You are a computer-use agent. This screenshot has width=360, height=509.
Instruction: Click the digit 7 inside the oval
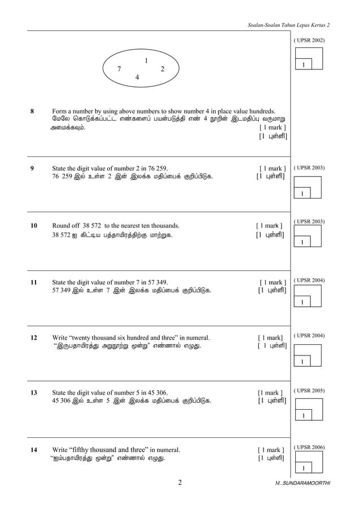point(119,69)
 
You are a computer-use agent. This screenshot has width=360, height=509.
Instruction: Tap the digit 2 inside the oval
point(163,69)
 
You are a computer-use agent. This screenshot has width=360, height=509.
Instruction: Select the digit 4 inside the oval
point(138,77)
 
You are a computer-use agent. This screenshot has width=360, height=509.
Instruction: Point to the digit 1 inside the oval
point(146,60)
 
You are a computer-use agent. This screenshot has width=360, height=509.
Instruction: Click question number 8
point(33,111)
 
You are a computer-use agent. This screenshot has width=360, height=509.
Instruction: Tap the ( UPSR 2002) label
point(309,41)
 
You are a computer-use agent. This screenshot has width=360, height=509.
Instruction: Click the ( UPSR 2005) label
point(309,390)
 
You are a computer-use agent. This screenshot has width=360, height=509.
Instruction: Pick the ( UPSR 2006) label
point(309,447)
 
